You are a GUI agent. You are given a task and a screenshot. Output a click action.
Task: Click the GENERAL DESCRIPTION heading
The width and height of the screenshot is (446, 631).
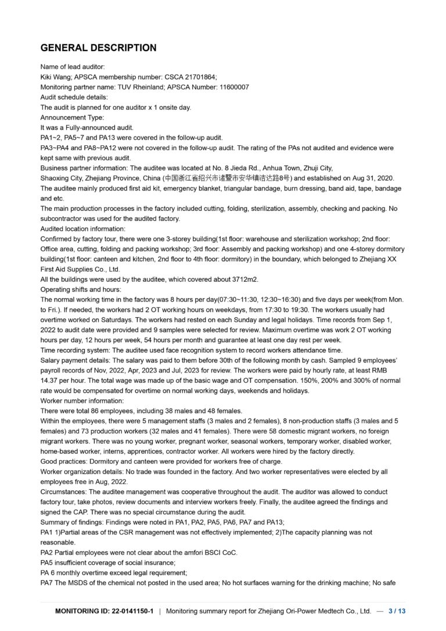click(x=98, y=48)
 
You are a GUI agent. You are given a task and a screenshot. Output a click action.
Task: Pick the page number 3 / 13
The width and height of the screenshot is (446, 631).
click(x=397, y=611)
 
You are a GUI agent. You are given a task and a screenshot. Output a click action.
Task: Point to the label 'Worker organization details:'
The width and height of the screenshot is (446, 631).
click(x=85, y=472)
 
